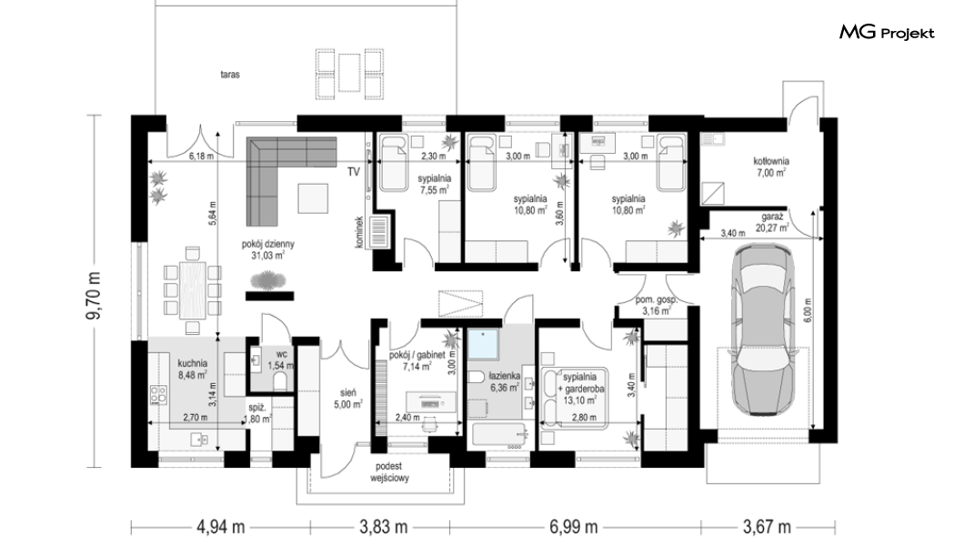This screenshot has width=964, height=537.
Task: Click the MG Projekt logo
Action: click(887, 33)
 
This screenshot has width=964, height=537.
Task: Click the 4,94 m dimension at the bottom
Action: click(220, 527)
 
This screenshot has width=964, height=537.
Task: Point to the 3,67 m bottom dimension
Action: click(767, 527)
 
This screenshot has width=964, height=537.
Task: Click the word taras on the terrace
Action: click(230, 75)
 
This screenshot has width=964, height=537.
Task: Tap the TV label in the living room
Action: click(354, 172)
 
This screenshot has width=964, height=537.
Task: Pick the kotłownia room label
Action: click(771, 167)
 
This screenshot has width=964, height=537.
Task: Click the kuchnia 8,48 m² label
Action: click(193, 369)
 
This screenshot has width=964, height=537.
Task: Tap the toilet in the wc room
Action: click(280, 382)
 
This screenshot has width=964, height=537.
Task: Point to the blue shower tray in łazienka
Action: click(484, 344)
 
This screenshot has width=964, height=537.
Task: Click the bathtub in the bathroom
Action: click(500, 435)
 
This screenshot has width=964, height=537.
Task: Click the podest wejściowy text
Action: click(390, 471)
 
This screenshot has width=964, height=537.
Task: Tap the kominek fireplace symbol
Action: click(378, 231)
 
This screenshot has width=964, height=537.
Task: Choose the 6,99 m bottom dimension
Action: click(573, 527)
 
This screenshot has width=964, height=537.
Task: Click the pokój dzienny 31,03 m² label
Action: click(268, 249)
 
